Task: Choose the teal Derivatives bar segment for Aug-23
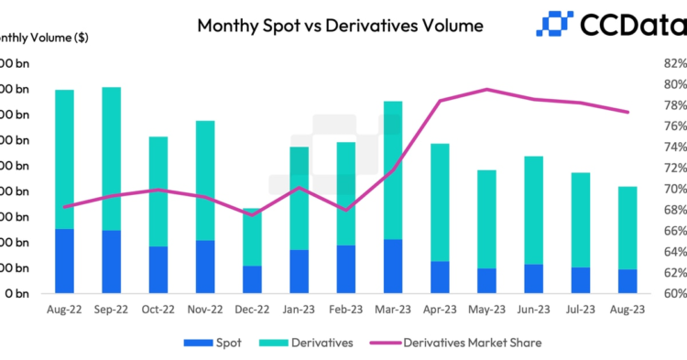[627, 228]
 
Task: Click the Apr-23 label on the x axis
[440, 311]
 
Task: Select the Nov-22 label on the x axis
[205, 311]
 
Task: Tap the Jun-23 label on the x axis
[534, 311]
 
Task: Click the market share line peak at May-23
[486, 90]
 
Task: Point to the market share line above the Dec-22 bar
[252, 213]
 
